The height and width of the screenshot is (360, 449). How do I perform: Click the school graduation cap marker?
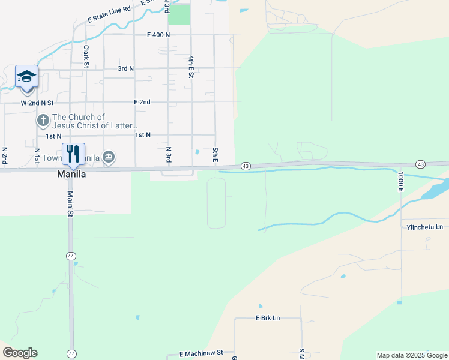[26, 77]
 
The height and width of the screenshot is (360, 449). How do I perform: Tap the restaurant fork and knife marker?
[73, 154]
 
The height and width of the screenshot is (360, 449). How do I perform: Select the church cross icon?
[43, 121]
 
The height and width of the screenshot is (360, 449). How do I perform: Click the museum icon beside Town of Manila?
[108, 158]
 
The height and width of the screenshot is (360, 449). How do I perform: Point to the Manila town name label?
[71, 174]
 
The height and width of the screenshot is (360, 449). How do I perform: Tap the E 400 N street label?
[158, 35]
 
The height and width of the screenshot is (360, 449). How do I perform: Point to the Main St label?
[70, 203]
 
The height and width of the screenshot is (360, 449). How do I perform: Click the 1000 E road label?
[400, 181]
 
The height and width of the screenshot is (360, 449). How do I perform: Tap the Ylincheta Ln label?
[424, 227]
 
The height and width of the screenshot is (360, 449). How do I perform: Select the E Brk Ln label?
[268, 317]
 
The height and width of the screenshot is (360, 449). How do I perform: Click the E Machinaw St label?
[196, 353]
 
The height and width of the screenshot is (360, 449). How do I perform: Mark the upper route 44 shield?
[71, 256]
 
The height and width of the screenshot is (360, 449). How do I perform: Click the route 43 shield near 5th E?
[245, 166]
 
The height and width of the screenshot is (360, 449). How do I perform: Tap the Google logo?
[20, 353]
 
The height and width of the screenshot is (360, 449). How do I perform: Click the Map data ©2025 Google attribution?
[412, 355]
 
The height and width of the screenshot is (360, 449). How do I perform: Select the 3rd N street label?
[125, 69]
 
